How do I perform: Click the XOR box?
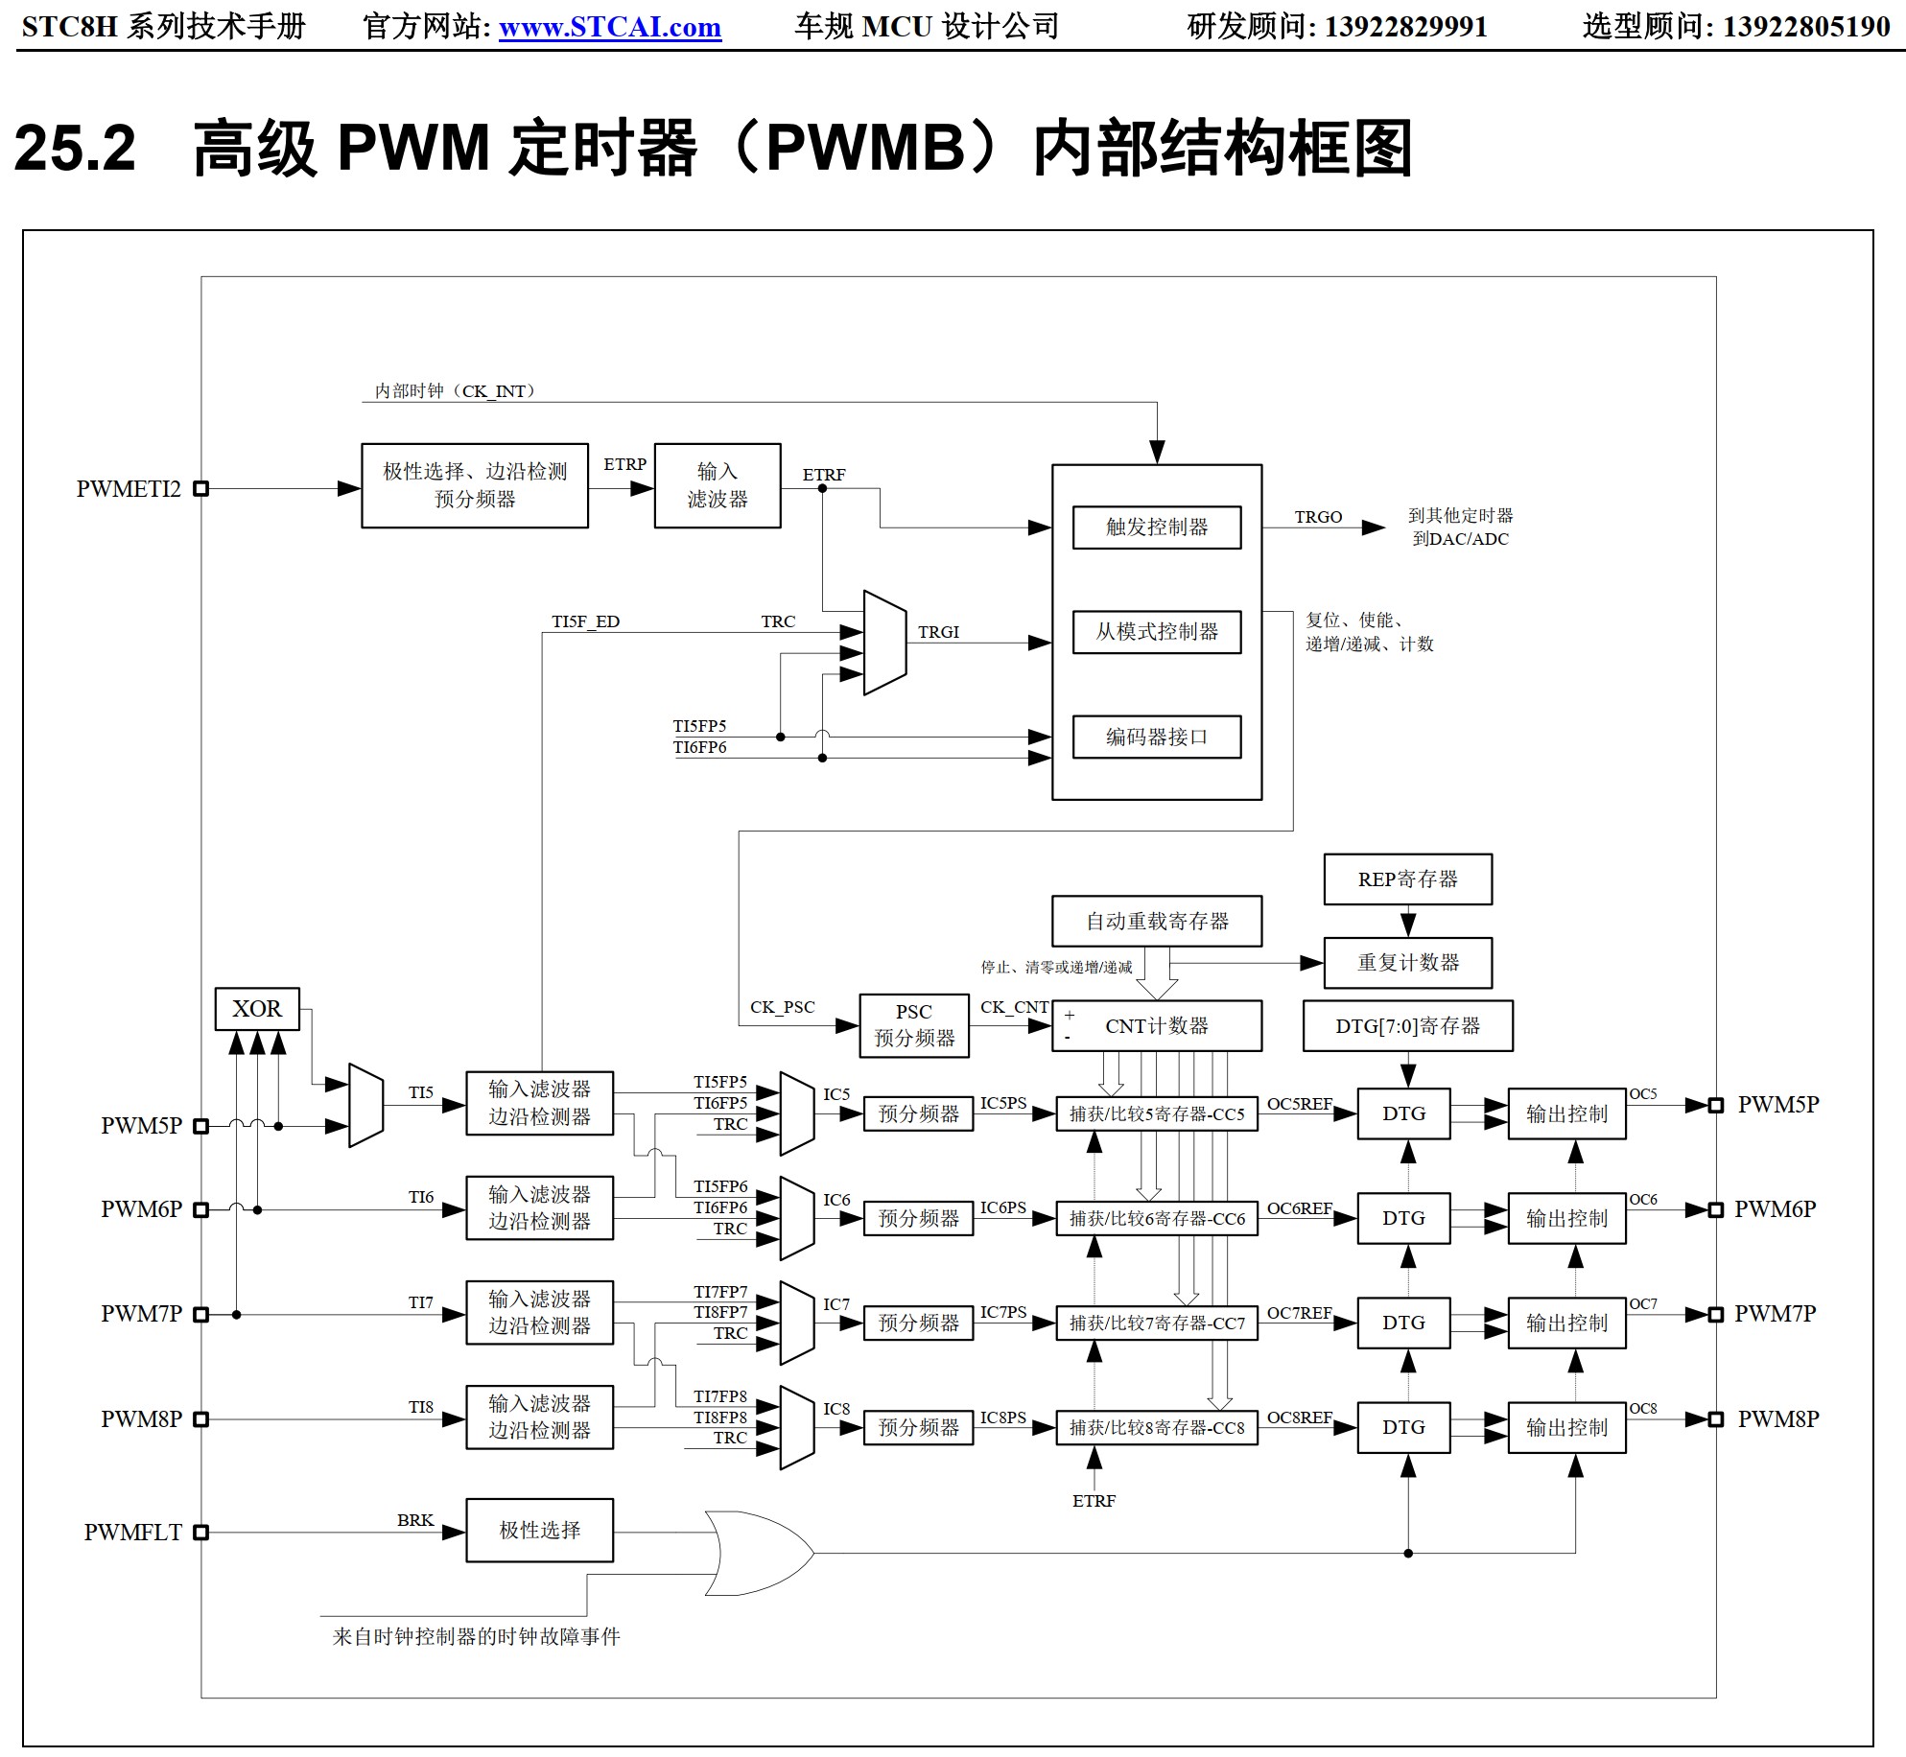[257, 1009]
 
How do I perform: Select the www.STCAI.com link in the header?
[610, 27]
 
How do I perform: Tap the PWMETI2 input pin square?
[200, 488]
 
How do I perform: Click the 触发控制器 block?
[1156, 527]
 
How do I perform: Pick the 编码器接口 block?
[1156, 737]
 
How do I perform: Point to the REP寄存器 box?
[1407, 878]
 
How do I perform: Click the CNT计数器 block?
[1156, 1026]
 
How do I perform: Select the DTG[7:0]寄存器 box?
[1407, 1026]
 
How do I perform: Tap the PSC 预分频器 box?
[913, 1025]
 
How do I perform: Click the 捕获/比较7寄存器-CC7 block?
[1156, 1323]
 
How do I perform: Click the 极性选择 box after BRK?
[539, 1530]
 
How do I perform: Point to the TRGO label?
[1318, 517]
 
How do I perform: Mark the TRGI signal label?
[938, 632]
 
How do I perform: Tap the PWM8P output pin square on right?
[1716, 1418]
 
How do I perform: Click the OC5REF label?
[1299, 1104]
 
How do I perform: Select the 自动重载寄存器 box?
[1156, 921]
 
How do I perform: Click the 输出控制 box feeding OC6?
[1566, 1218]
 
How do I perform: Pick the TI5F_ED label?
[585, 621]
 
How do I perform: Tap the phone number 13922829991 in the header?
[1405, 27]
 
